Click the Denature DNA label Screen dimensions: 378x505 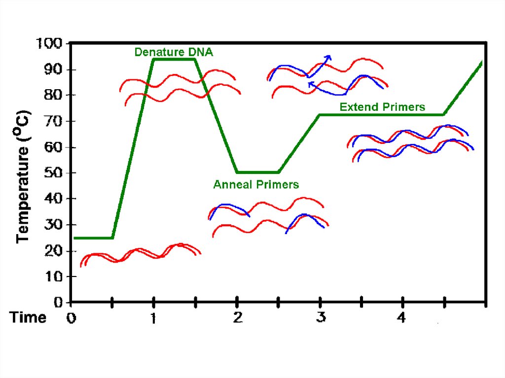click(x=174, y=52)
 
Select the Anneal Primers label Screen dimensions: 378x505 click(x=256, y=185)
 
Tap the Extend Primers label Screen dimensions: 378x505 click(x=382, y=107)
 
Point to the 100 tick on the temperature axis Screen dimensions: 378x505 click(x=49, y=44)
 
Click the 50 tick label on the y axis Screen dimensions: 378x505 click(x=53, y=173)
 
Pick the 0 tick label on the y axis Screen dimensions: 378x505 click(x=58, y=302)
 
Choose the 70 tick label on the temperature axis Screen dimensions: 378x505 click(x=53, y=121)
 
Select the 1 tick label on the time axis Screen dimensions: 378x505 click(x=153, y=318)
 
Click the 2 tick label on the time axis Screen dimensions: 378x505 click(x=237, y=318)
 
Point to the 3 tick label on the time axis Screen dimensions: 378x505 click(x=321, y=318)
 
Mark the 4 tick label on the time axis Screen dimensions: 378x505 click(x=402, y=318)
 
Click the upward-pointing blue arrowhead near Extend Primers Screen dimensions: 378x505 click(x=328, y=57)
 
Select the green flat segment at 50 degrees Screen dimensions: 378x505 click(x=258, y=172)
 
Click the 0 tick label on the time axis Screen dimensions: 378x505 click(x=72, y=318)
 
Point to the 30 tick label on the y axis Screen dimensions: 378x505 click(x=53, y=225)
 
